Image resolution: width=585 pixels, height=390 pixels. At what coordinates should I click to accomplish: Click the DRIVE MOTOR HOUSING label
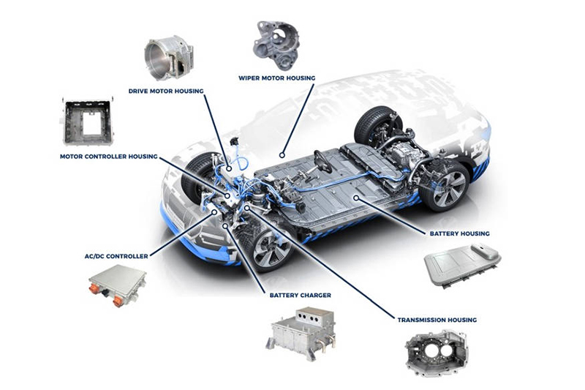click(x=166, y=91)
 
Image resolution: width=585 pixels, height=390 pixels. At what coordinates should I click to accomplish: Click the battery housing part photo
click(x=462, y=263)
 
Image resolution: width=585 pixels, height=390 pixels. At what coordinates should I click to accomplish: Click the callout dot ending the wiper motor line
click(x=281, y=155)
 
